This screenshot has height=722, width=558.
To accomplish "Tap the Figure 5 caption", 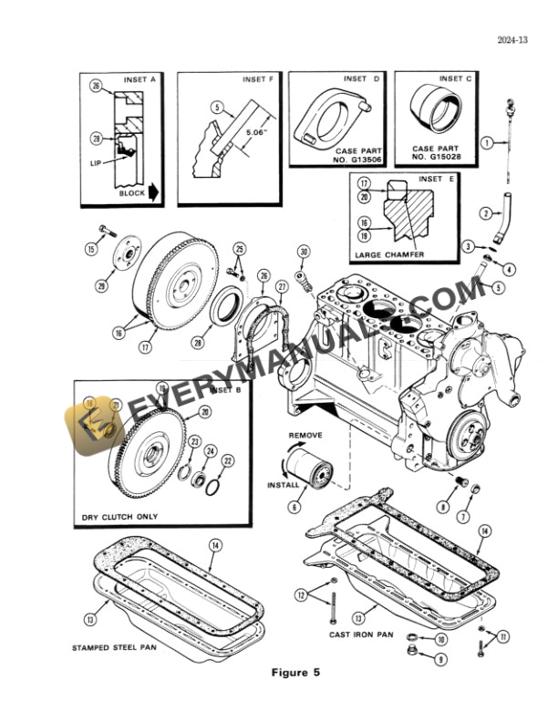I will (x=295, y=673).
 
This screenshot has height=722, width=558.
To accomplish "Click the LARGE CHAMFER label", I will (x=391, y=255).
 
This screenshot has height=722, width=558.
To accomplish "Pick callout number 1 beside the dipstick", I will (x=487, y=143).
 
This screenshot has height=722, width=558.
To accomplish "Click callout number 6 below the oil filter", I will (x=294, y=507).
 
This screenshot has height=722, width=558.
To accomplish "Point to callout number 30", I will (x=304, y=252).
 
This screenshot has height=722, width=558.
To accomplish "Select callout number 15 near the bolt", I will (x=92, y=249).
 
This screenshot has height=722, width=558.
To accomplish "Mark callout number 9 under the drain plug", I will (x=441, y=658).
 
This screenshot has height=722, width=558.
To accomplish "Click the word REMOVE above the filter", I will (x=305, y=436).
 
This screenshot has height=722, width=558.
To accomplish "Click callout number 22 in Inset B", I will (x=227, y=460).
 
